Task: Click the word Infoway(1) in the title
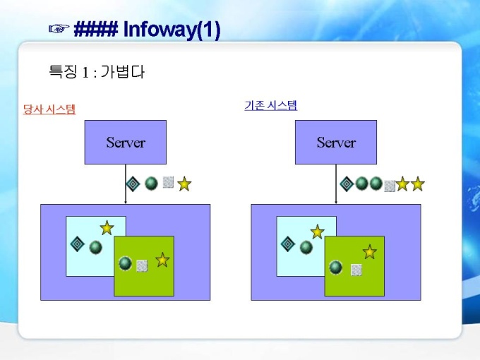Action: (x=172, y=30)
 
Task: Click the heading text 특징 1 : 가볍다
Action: (x=96, y=71)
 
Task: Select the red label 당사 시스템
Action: (x=49, y=109)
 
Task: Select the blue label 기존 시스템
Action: (x=270, y=106)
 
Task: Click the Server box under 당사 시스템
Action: (x=126, y=142)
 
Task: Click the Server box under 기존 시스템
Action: (x=336, y=142)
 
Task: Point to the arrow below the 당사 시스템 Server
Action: (x=126, y=184)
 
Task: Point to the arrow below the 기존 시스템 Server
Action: (x=336, y=184)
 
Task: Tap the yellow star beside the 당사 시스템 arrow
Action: (x=184, y=184)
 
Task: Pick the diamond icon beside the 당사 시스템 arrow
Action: (x=132, y=184)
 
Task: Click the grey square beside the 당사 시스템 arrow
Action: (x=168, y=182)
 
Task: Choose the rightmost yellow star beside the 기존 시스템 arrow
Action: (x=418, y=184)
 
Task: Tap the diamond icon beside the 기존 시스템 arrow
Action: (x=346, y=184)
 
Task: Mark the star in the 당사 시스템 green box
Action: (x=162, y=260)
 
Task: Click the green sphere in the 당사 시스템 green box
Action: (x=126, y=263)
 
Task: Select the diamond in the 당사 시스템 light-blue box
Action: (x=78, y=244)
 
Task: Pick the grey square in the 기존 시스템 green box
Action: (x=356, y=269)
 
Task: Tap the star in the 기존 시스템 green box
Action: (x=369, y=251)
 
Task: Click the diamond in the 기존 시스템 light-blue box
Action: (x=288, y=244)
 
